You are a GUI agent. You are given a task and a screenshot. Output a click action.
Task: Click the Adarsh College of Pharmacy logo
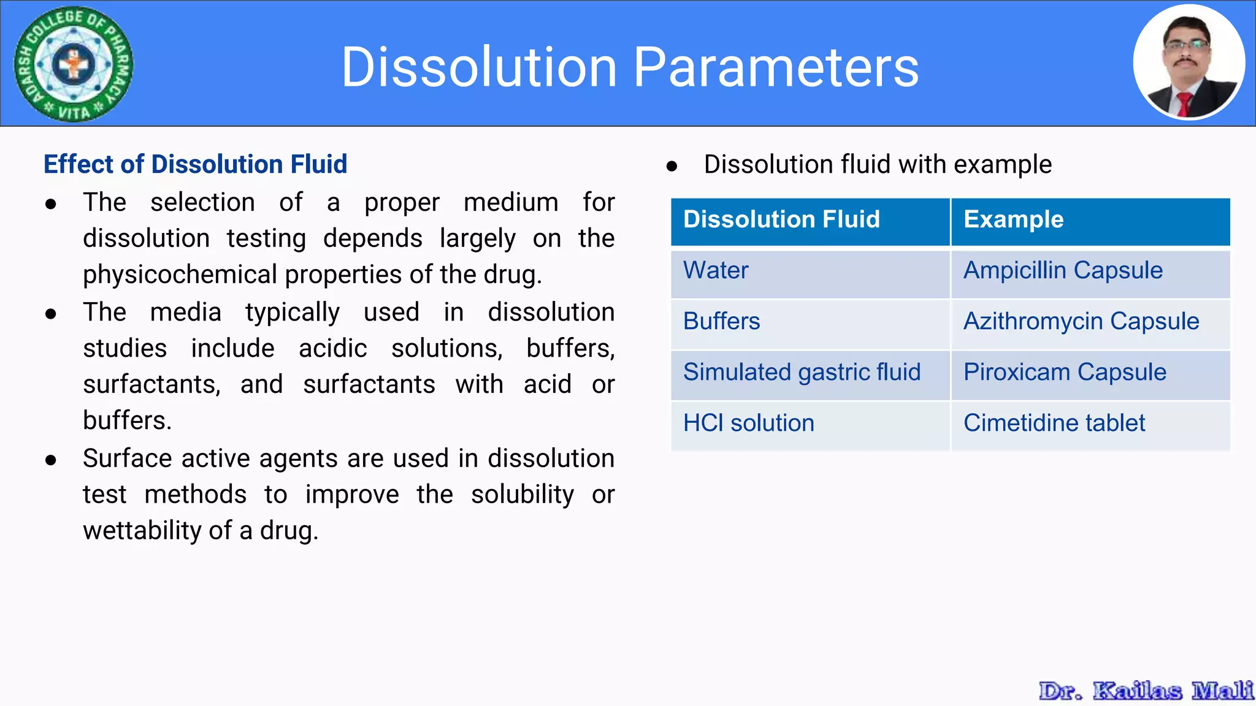click(74, 64)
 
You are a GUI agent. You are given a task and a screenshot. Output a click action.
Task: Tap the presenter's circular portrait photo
click(1189, 63)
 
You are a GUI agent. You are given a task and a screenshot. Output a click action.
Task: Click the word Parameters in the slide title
click(776, 67)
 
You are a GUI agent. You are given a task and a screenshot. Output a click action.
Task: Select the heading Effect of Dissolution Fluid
click(195, 164)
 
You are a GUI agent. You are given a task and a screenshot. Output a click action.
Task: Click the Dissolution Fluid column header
click(781, 219)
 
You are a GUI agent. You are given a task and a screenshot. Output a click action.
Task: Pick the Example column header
click(1013, 219)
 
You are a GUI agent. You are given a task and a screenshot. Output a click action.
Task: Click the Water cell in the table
click(716, 271)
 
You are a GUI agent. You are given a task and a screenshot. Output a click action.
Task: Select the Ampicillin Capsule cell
click(1063, 271)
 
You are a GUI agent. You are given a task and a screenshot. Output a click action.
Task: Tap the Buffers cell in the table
click(721, 322)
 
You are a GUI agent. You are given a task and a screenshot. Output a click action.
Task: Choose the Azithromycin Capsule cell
click(1081, 322)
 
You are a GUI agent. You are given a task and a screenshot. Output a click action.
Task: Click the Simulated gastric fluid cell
click(802, 373)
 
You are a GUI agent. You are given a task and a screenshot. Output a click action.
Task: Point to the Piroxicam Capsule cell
click(1065, 373)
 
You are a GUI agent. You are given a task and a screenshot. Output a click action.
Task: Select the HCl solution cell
click(748, 423)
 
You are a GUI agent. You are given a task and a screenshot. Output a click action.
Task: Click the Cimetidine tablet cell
click(1054, 423)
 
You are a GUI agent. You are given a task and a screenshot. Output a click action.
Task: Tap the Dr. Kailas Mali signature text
click(1146, 691)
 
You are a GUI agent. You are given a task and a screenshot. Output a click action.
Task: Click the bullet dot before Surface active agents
click(51, 460)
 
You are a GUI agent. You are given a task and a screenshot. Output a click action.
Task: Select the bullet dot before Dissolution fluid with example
click(672, 166)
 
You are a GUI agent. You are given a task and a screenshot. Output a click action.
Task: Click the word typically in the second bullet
click(292, 313)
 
